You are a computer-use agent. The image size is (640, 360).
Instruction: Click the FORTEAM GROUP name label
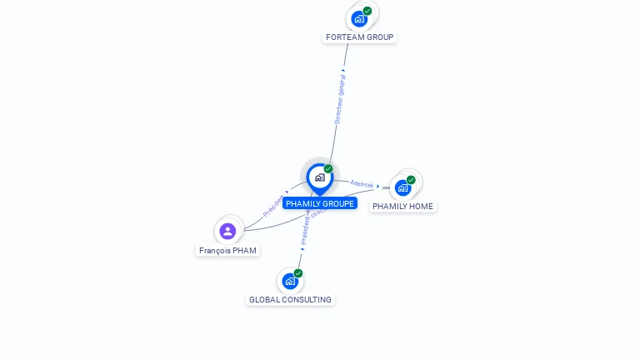click(x=359, y=37)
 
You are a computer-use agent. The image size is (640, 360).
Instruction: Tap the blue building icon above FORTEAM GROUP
click(x=359, y=18)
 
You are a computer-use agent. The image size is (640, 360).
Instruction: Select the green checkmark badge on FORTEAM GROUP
click(x=367, y=11)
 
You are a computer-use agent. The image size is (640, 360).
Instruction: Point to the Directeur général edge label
click(x=340, y=97)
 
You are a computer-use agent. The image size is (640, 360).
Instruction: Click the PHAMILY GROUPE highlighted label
click(x=320, y=203)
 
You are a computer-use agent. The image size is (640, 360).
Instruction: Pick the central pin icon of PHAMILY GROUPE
click(x=319, y=177)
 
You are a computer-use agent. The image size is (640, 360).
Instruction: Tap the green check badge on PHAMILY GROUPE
click(x=328, y=169)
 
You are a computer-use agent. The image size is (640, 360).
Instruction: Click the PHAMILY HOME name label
click(x=402, y=206)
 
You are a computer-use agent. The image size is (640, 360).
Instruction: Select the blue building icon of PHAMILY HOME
click(x=402, y=187)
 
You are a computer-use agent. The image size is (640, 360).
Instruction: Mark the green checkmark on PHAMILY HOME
click(x=411, y=180)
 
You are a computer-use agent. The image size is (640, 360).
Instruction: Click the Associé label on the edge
click(x=362, y=183)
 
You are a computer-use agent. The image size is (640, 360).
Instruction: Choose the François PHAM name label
click(x=227, y=250)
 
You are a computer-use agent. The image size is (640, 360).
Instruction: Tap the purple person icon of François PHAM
click(x=227, y=231)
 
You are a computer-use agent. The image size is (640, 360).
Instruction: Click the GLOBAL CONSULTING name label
click(x=290, y=299)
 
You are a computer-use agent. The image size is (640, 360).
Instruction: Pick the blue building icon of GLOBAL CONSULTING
click(x=289, y=281)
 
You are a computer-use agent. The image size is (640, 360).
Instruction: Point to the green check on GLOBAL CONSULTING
click(x=297, y=273)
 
